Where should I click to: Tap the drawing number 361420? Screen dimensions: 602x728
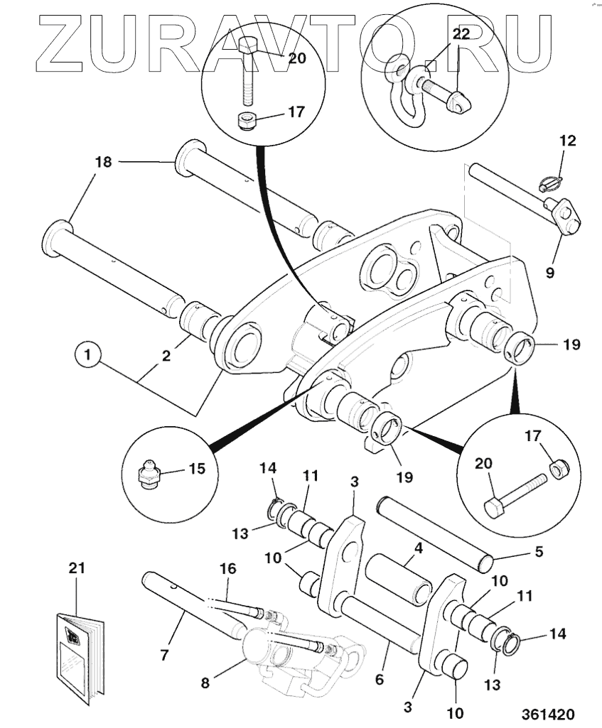pos(548,714)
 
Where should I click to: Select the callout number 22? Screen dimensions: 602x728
pos(461,33)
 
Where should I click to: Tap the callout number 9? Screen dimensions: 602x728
pos(550,273)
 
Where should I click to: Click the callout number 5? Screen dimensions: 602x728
pos(539,552)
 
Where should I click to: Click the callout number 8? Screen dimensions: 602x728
pos(205,683)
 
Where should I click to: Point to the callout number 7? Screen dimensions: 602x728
pos(164,655)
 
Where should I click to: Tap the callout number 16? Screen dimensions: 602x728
pos(227,569)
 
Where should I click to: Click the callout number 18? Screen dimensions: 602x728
pos(103,162)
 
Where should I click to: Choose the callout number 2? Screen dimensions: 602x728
pos(166,356)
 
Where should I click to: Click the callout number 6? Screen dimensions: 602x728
pos(379,679)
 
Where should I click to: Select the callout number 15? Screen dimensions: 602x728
pos(197,469)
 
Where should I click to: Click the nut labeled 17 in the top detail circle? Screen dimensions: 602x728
pos(246,122)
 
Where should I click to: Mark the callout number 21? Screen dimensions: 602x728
pos(77,567)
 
